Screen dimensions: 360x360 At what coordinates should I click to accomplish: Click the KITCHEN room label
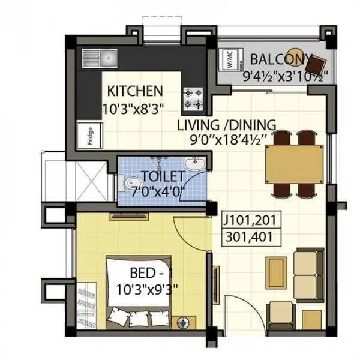tap(134, 91)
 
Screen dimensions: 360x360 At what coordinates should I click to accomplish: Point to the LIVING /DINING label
tap(226, 125)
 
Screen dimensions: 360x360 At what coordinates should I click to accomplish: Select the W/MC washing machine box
tap(229, 60)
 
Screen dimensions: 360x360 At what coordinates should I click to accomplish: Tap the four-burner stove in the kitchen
tap(194, 100)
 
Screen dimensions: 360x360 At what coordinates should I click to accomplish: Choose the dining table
tap(296, 163)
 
